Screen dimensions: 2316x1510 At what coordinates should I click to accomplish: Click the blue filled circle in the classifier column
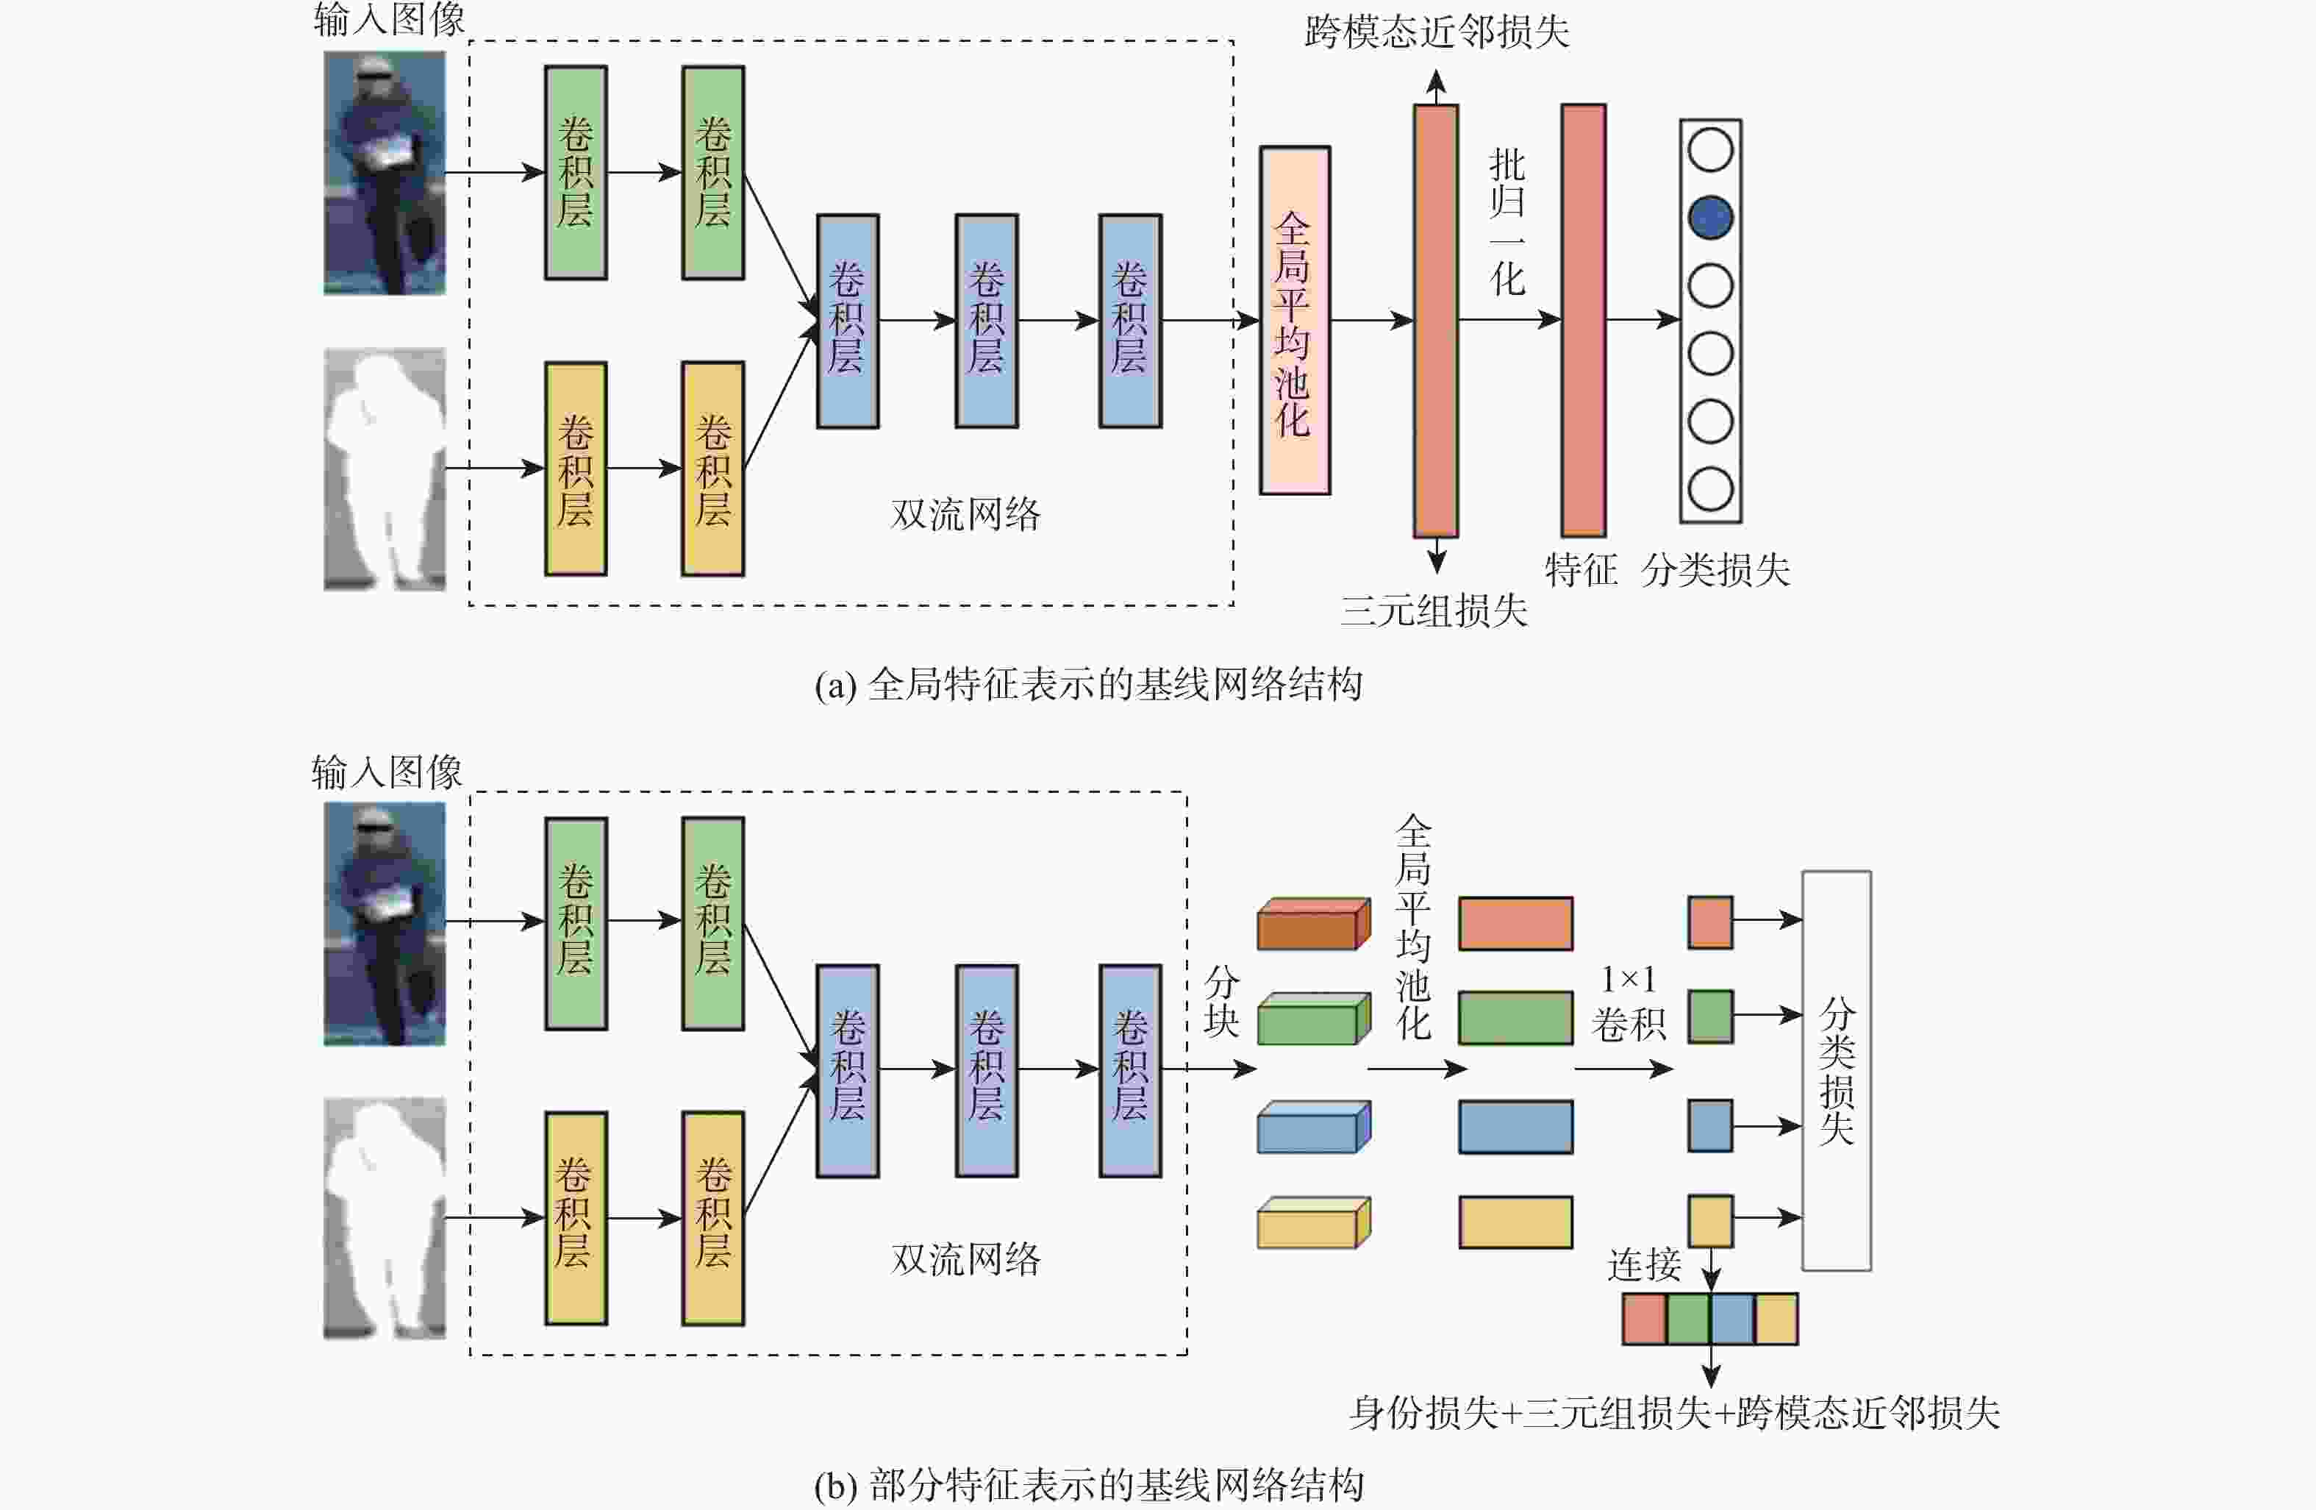(1709, 217)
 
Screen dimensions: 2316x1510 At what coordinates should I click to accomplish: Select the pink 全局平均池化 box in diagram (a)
(1294, 320)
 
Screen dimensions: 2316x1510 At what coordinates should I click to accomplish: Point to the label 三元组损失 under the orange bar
(1434, 610)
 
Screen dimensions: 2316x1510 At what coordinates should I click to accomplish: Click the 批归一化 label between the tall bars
(1507, 223)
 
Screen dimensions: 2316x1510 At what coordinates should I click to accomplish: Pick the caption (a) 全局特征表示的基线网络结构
(1089, 685)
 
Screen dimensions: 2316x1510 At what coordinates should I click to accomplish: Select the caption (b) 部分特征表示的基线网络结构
(1089, 1485)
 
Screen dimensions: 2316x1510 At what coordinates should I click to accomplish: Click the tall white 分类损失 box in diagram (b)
(1837, 1071)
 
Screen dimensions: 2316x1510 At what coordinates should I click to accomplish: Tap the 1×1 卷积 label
(1628, 1002)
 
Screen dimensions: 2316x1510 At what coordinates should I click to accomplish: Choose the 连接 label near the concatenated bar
(1643, 1264)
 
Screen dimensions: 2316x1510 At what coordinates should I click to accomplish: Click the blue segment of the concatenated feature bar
(1732, 1320)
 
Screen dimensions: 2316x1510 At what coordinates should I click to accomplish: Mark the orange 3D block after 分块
(1314, 924)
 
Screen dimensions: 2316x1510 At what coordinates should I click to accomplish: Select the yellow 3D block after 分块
(1314, 1223)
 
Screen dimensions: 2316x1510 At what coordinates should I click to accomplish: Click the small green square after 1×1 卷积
(1709, 1016)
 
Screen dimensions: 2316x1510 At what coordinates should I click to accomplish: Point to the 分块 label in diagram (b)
(1221, 1002)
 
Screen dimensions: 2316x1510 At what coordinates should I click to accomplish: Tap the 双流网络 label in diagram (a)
(965, 514)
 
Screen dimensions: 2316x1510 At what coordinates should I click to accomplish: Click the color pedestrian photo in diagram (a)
(385, 174)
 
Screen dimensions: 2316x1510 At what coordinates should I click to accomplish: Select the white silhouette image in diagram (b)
(385, 1218)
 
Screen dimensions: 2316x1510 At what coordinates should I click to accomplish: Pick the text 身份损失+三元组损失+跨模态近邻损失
(1673, 1413)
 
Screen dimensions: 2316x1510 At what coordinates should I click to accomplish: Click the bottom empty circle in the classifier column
(1709, 488)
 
